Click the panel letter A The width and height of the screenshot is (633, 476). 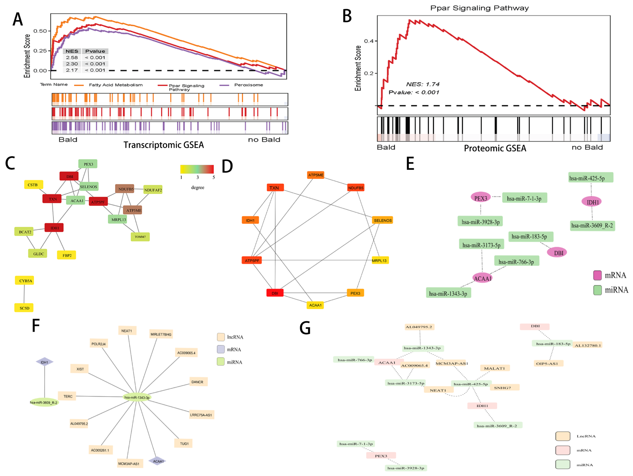coord(18,20)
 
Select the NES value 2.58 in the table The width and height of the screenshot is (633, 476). coord(72,58)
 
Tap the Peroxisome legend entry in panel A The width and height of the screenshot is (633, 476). coord(248,85)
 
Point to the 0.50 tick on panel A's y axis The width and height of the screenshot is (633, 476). coord(40,31)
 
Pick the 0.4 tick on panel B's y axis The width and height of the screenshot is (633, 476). coord(369,41)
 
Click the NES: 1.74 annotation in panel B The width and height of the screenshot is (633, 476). coord(423,84)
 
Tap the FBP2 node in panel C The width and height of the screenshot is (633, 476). coord(67,255)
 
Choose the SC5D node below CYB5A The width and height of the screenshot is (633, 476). coord(24,308)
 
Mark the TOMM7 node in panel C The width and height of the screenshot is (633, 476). coord(140,237)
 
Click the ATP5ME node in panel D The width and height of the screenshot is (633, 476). coord(316,175)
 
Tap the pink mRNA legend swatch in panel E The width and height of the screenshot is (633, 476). coord(597,275)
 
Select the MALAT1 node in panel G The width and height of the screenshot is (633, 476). coord(495,368)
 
